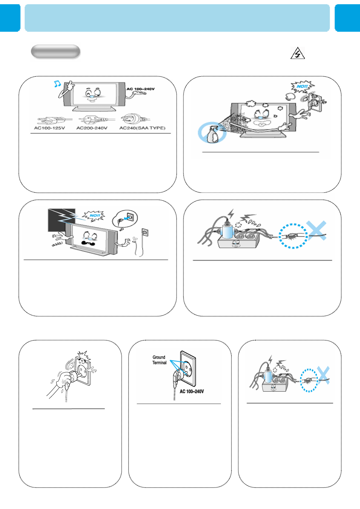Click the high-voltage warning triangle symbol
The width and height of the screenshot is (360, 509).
(x=297, y=53)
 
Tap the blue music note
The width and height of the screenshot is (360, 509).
(x=57, y=84)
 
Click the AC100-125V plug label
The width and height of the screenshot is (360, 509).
(x=50, y=128)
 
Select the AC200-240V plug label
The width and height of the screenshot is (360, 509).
(x=92, y=128)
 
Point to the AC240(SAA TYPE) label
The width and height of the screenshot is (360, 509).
(x=142, y=128)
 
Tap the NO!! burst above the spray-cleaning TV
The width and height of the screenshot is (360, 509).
(x=303, y=86)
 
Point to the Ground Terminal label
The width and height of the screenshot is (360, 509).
(x=159, y=360)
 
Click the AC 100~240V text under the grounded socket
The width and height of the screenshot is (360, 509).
(x=192, y=391)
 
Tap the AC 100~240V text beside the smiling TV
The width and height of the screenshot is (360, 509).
(x=141, y=89)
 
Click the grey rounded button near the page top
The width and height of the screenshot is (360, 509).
(x=55, y=52)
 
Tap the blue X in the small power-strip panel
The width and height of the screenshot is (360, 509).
(x=324, y=375)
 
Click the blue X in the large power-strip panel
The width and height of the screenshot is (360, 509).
(x=316, y=230)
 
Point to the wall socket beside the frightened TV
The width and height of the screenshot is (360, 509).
(x=145, y=232)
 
